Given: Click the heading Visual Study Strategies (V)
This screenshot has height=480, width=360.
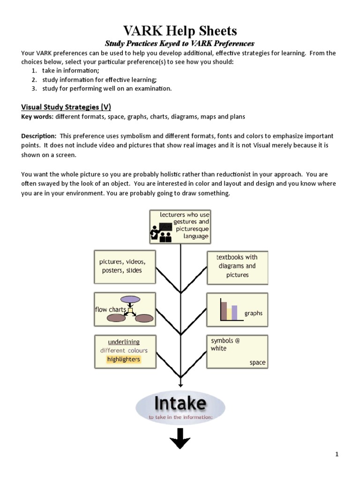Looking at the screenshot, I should (x=66, y=107).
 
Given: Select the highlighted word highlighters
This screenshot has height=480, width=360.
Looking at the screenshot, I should (x=123, y=360).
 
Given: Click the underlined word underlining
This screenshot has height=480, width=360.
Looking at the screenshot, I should (x=124, y=342).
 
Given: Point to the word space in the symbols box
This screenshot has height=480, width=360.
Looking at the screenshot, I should (x=257, y=362).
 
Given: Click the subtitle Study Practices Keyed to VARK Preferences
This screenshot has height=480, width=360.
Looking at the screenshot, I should (x=180, y=44).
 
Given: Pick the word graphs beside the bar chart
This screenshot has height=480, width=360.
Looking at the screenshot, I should (x=254, y=313).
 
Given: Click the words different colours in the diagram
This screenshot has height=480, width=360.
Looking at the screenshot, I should (x=124, y=351).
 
